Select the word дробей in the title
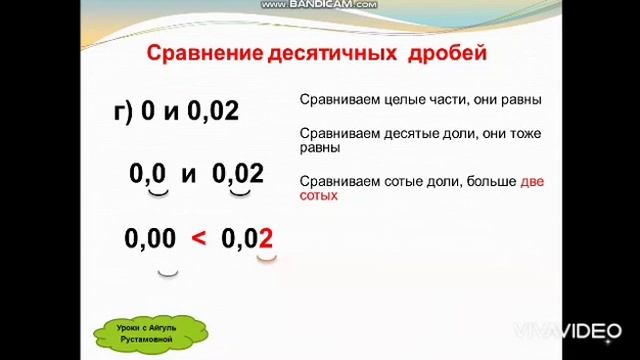[x=446, y=53]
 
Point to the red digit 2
[x=265, y=238]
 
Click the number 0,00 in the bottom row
[x=150, y=238]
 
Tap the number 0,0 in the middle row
[x=147, y=174]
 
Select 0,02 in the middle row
[x=238, y=174]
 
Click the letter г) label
[x=124, y=111]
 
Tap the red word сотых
[x=318, y=196]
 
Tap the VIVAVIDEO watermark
[x=566, y=330]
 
